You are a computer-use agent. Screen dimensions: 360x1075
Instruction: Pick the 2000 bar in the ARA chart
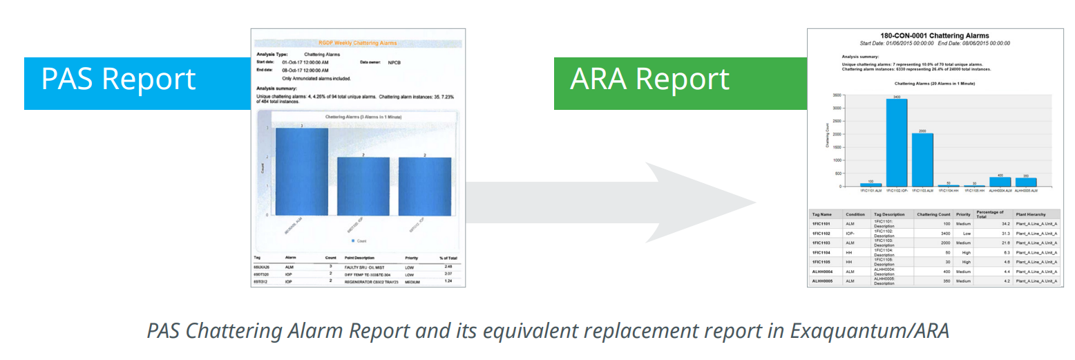pyautogui.click(x=922, y=160)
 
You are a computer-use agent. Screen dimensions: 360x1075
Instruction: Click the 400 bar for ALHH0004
pyautogui.click(x=1000, y=182)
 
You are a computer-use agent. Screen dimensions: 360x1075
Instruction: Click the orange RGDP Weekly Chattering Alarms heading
pyautogui.click(x=357, y=43)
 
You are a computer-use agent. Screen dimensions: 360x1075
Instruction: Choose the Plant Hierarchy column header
pyautogui.click(x=1031, y=214)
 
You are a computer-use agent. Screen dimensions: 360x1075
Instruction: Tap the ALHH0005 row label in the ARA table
pyautogui.click(x=825, y=281)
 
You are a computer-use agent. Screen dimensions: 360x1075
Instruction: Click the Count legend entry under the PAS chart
pyautogui.click(x=359, y=240)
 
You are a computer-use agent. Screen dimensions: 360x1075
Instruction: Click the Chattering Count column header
pyautogui.click(x=932, y=214)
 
